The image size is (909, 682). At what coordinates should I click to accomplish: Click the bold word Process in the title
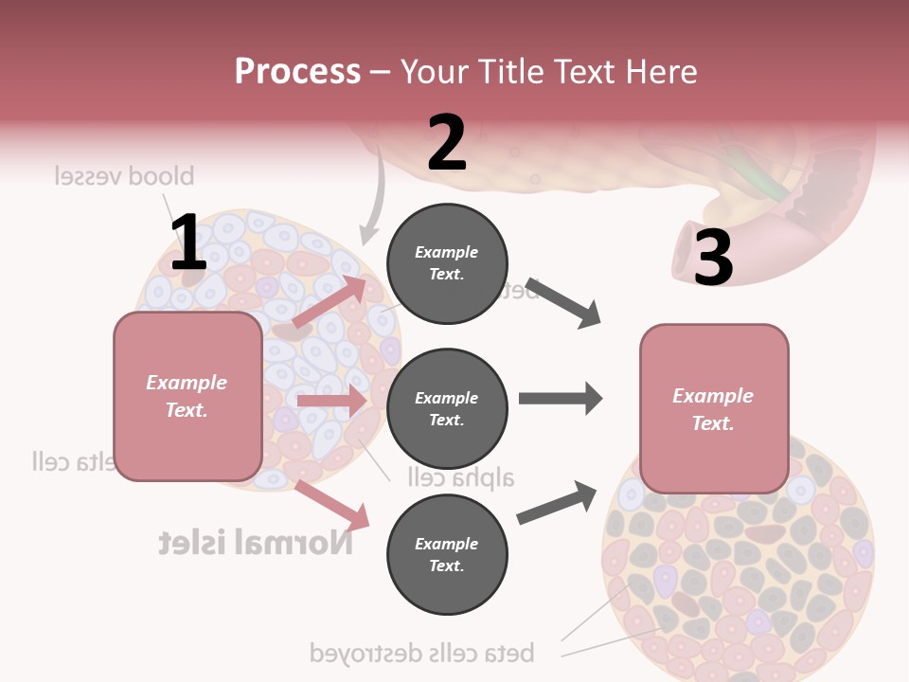tap(297, 72)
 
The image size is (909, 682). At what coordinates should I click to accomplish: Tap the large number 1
tap(188, 242)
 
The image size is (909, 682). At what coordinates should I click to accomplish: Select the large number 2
tap(447, 143)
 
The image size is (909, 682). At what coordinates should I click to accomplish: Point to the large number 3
tap(714, 258)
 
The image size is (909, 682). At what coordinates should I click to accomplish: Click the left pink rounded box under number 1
tap(187, 396)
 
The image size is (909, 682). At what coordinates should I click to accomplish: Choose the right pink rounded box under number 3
tap(714, 408)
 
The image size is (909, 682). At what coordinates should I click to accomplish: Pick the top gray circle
tap(447, 263)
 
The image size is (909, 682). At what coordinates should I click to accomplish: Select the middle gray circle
tap(447, 408)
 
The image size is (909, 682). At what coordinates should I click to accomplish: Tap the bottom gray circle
tap(447, 554)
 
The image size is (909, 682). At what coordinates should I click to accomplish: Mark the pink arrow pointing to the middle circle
tap(331, 401)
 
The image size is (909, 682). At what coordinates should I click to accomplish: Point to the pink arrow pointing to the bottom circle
tap(331, 505)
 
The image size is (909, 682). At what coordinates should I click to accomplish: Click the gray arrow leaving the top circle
tap(564, 303)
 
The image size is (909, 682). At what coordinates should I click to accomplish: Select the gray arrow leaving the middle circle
tap(561, 399)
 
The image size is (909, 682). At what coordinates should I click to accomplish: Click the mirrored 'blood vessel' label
tap(124, 176)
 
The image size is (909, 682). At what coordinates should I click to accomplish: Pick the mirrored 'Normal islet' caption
tap(256, 542)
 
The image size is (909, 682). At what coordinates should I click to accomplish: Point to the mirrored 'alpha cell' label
tap(461, 476)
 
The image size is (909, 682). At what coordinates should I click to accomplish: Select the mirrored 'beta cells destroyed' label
tap(422, 652)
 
